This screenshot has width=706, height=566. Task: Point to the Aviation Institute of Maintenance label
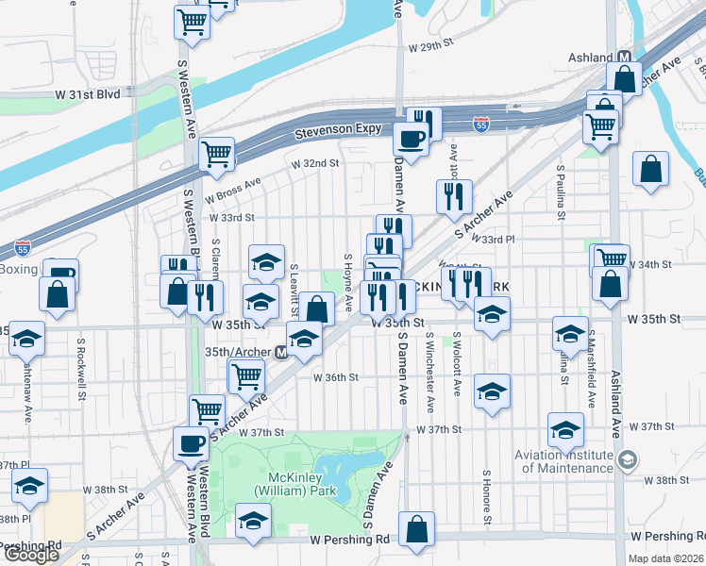click(563, 461)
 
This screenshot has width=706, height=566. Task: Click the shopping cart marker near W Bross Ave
click(216, 154)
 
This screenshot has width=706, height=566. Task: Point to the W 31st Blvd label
click(88, 95)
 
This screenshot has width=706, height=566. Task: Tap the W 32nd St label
click(314, 163)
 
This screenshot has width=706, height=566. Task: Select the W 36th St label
click(336, 377)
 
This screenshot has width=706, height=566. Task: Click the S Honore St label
click(485, 497)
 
